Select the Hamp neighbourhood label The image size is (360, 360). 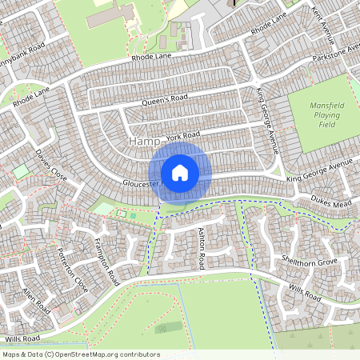click(142, 142)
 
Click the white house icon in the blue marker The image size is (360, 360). click(179, 173)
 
